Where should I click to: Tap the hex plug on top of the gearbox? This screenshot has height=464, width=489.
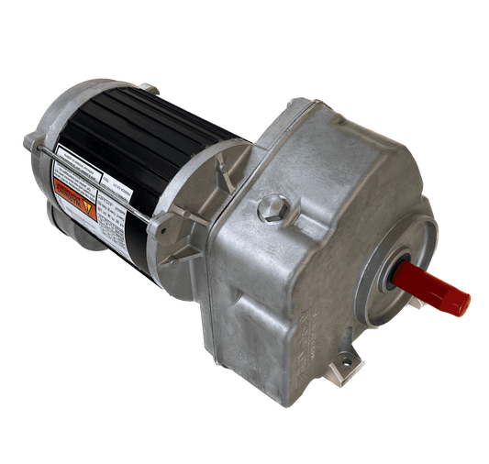272,210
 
